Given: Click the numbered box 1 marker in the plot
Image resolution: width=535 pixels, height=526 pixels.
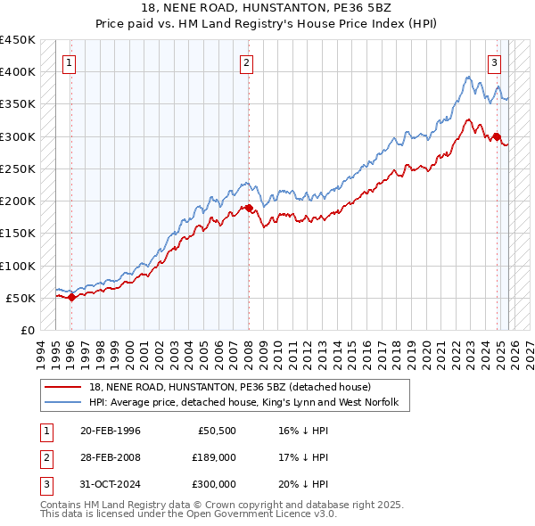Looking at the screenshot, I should click(70, 62).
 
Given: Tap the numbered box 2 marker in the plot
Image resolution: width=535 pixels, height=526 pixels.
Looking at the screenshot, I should click(247, 62).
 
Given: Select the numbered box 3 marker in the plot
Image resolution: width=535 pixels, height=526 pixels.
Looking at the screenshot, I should click(493, 62).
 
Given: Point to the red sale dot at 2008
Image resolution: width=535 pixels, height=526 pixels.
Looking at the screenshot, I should click(249, 209).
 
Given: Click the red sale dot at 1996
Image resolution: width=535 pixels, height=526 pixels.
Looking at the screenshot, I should click(71, 298).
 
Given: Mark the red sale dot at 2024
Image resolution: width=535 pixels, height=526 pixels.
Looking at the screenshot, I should click(497, 136).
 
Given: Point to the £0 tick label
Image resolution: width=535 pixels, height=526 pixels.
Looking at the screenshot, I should click(26, 330).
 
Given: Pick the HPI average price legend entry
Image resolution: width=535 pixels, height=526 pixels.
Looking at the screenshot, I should click(249, 404).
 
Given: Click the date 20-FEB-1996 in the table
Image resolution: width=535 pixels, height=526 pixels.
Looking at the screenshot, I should click(110, 431).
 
